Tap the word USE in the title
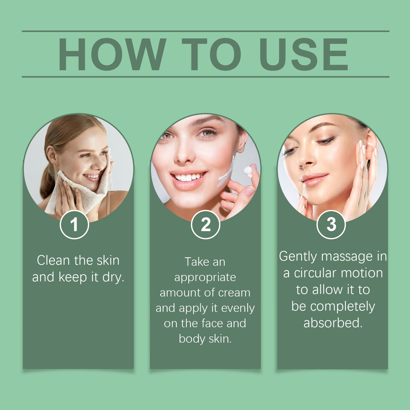tap(304, 54)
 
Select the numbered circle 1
tap(74, 225)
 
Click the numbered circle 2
tap(205, 225)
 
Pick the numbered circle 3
tap(331, 225)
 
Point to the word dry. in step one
tap(113, 277)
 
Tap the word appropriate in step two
tap(205, 278)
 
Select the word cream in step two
tap(234, 292)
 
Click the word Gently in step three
tap(298, 256)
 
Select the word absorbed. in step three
tap(333, 323)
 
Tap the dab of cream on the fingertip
tap(248, 171)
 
